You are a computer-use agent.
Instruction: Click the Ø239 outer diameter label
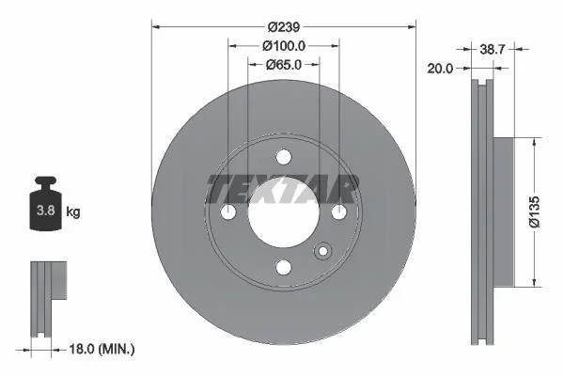pos(284,27)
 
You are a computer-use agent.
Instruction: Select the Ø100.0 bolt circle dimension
pos(284,46)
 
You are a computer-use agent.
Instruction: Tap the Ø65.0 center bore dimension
pos(284,65)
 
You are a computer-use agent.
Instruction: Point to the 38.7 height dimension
pos(493,49)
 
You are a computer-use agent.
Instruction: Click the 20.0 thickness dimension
pos(440,69)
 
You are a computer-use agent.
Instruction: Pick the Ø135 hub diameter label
pos(535,211)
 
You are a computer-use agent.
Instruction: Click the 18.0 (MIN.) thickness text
pos(102,349)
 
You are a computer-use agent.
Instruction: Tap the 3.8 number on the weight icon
pos(46,211)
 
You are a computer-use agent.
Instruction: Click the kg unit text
pos(73,211)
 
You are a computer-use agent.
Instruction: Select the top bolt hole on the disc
pos(284,157)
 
